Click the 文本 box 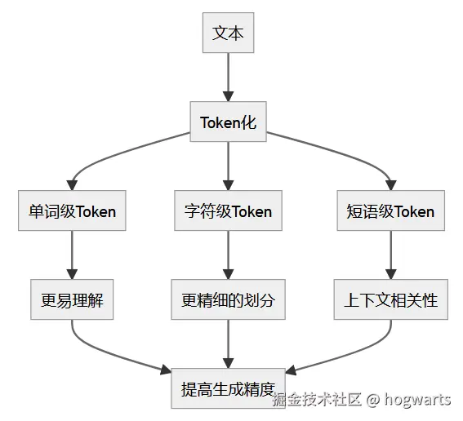coord(228,33)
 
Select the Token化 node coord(228,122)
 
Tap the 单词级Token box coord(72,211)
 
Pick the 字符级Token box coord(228,211)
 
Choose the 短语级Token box coord(390,211)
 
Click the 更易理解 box coord(72,299)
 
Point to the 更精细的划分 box coord(228,299)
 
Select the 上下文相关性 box coord(390,299)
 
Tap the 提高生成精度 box coord(228,388)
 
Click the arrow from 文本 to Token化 coord(228,77)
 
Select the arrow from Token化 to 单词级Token coord(114,154)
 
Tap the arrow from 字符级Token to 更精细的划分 coord(228,255)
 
